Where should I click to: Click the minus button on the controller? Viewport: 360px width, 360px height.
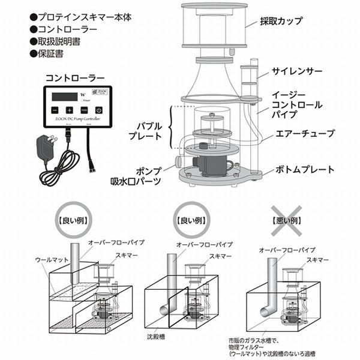(55, 110)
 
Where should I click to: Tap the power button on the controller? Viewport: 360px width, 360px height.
(98, 110)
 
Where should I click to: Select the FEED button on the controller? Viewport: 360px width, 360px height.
(83, 110)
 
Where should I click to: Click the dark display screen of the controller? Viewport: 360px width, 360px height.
(64, 96)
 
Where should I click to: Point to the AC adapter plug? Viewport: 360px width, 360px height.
(44, 145)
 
